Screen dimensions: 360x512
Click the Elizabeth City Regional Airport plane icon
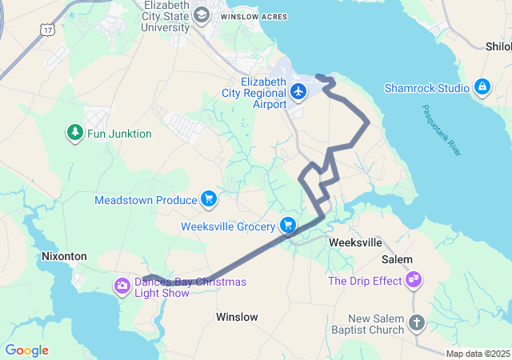coord(299,92)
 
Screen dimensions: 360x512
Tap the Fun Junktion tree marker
coord(75,133)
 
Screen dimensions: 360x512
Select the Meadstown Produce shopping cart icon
coord(209,199)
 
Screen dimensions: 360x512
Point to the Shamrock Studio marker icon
coord(482,87)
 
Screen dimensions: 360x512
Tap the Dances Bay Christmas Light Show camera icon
coord(122,285)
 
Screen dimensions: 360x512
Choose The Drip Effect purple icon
coord(414,280)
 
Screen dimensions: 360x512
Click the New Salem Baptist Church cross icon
coord(416,323)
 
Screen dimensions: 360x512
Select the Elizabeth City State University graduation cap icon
coord(201,14)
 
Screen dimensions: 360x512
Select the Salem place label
coord(397,259)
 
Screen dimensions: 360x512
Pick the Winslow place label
coord(237,318)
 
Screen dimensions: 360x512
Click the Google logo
coord(26,350)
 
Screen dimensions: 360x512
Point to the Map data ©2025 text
coord(478,354)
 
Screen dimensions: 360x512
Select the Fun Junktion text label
coord(119,134)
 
